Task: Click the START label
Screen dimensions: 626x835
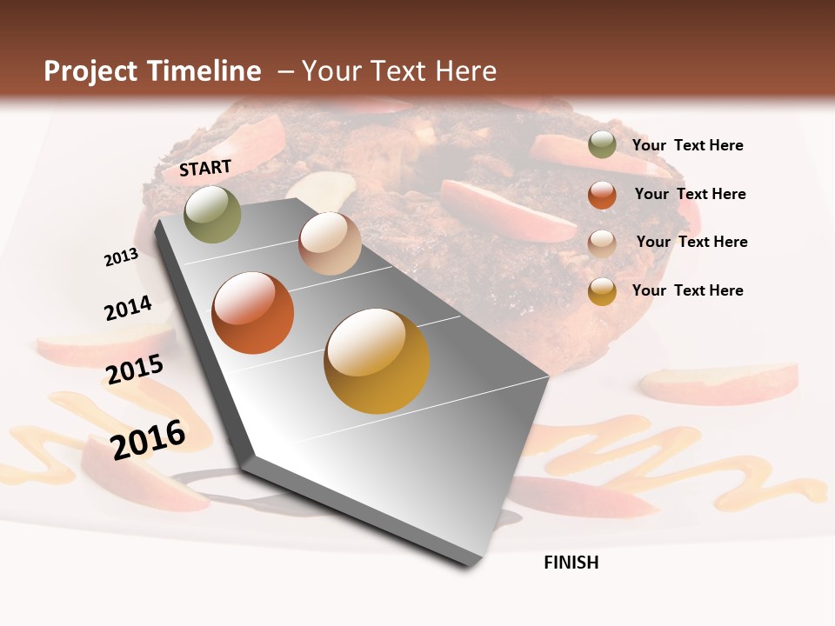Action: [205, 168]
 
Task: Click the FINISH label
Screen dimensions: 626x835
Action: [571, 563]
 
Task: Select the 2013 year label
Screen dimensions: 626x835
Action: [121, 256]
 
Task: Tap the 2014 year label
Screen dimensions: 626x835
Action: [128, 308]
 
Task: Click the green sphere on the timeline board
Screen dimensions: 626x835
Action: [212, 214]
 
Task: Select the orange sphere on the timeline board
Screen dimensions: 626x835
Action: [253, 313]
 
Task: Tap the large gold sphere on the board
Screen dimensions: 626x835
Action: [377, 361]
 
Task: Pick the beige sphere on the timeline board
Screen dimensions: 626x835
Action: [330, 243]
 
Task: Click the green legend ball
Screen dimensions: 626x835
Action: [602, 144]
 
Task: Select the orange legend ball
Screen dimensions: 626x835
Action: [602, 195]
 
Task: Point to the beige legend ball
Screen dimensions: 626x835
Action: [602, 243]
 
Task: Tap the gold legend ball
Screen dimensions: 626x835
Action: [602, 291]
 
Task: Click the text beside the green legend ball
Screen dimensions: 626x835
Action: [687, 145]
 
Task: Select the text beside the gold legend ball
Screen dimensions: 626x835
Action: [687, 290]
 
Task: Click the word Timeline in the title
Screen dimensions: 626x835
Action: [204, 71]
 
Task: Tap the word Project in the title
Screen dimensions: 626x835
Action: [92, 71]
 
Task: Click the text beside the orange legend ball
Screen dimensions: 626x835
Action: [690, 194]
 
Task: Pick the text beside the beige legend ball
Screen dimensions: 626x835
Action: [691, 242]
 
